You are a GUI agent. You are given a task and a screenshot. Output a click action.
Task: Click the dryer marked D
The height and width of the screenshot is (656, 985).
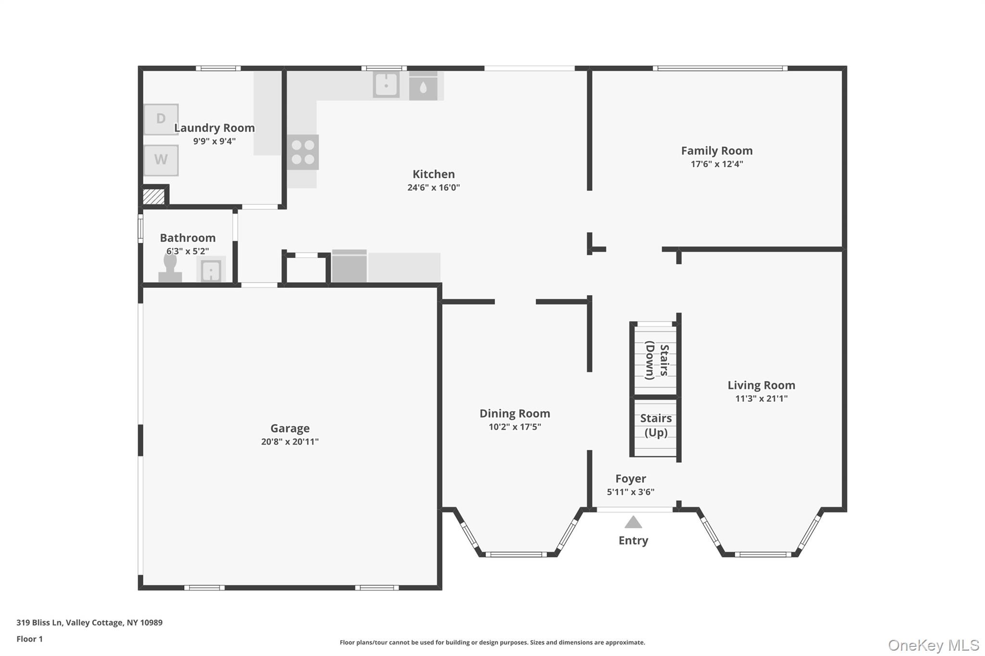[x=161, y=119]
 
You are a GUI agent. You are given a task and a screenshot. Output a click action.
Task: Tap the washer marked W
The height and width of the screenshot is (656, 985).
[x=161, y=160]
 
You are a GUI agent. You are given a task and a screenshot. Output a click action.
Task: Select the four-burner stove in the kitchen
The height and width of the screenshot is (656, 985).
[x=303, y=152]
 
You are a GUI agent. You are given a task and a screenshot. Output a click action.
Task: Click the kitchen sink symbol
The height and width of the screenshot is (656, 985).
[x=386, y=85]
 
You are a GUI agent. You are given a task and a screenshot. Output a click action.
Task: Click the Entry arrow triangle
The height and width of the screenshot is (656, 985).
[x=633, y=522]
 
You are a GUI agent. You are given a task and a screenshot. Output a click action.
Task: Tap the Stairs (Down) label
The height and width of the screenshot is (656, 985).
[x=657, y=360]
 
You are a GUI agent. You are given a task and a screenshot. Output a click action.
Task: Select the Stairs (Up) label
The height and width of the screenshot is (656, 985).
[x=656, y=425]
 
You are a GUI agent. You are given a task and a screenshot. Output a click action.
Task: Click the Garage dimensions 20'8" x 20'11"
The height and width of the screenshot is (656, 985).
[x=290, y=442]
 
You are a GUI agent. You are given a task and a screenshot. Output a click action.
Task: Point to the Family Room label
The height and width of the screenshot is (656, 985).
[x=717, y=151]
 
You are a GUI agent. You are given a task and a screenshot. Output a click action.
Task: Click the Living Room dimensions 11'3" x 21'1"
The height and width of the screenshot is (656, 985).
[x=761, y=398]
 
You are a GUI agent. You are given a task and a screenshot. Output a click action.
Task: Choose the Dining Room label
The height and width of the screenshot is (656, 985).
[x=515, y=413]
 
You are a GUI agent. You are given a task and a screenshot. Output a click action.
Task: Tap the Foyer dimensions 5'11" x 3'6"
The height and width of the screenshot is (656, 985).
[x=630, y=492]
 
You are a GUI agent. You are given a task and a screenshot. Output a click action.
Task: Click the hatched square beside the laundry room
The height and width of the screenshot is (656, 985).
[x=154, y=197]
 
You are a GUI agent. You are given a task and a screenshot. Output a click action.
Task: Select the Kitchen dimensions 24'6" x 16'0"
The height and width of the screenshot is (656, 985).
[x=433, y=187]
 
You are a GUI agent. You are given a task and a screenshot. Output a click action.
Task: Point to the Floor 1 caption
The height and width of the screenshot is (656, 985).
[x=29, y=639]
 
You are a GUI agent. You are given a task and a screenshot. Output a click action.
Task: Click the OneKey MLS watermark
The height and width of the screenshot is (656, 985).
[x=933, y=645]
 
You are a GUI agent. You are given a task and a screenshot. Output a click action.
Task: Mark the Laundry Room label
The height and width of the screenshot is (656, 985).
[x=214, y=128]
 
